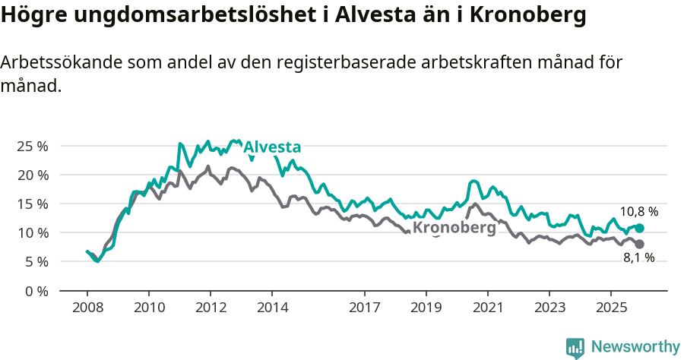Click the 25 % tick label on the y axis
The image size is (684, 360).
(32, 146)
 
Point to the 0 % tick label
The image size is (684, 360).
(36, 291)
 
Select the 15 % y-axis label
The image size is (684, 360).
(32, 204)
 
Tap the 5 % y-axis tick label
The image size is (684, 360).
(36, 261)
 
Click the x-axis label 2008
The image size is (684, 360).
(87, 309)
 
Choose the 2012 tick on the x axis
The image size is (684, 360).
(211, 309)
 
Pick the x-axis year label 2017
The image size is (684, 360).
(364, 309)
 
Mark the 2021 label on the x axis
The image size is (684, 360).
(487, 309)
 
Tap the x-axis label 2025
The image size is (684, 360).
(610, 309)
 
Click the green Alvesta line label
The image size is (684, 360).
(272, 147)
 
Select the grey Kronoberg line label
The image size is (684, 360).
(454, 227)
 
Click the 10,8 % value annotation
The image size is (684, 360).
(639, 212)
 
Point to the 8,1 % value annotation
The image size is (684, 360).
(639, 258)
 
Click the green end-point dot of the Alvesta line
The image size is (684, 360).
(639, 228)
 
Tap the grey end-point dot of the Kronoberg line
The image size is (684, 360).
(639, 244)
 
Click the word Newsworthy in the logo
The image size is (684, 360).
(635, 347)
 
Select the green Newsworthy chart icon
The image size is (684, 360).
(575, 348)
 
